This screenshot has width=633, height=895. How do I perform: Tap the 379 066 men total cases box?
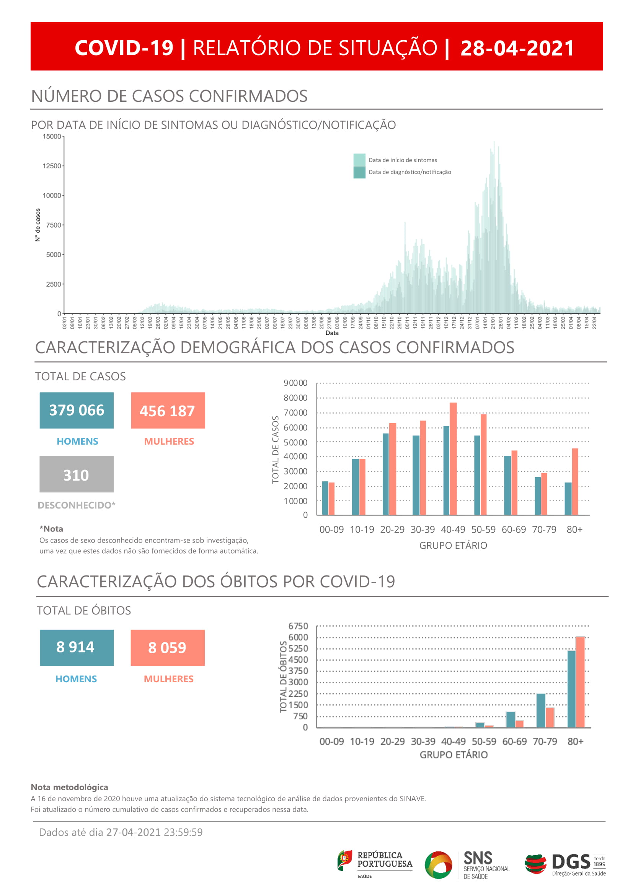click(77, 410)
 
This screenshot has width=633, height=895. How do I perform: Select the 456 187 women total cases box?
click(168, 411)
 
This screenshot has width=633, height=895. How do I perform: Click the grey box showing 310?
click(77, 474)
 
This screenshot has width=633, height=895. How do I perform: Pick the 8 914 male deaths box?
click(77, 647)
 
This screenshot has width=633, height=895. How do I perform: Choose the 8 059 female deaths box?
click(168, 647)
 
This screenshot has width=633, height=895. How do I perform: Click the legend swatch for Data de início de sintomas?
click(359, 160)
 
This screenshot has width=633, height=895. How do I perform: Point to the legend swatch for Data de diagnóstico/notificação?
click(359, 172)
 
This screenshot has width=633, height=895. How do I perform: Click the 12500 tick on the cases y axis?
click(52, 166)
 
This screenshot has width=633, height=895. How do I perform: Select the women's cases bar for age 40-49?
click(453, 458)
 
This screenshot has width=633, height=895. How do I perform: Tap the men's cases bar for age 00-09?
click(325, 498)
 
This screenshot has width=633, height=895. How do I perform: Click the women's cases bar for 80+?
click(575, 481)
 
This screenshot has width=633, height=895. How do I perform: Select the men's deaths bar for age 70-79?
click(541, 710)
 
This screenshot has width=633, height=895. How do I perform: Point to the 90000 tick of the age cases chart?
click(295, 383)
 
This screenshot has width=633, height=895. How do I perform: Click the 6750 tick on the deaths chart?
click(298, 626)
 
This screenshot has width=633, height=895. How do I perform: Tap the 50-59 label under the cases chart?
click(483, 529)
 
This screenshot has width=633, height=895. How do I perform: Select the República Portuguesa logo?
click(375, 864)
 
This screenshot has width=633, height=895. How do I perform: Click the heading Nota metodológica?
click(69, 787)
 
